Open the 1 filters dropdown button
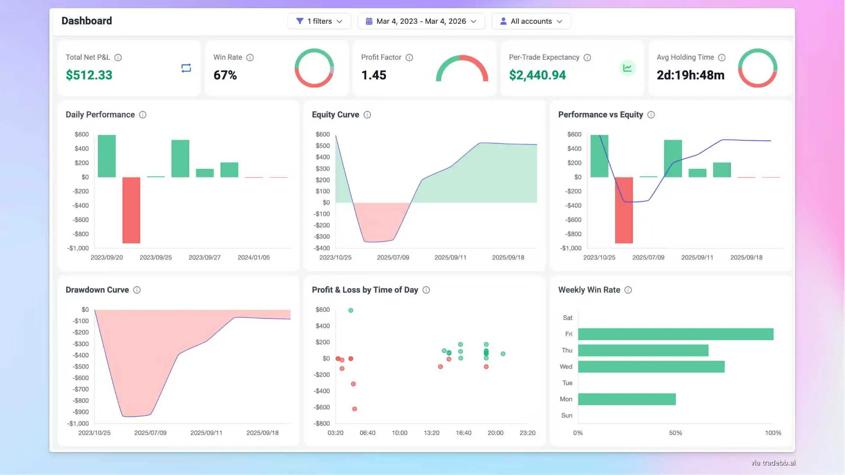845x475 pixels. (x=319, y=21)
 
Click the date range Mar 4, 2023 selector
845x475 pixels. (x=421, y=21)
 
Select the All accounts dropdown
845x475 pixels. (x=531, y=21)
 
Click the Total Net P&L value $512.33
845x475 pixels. (x=89, y=75)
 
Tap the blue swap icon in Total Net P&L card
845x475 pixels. (x=186, y=68)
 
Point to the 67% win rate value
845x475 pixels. (x=225, y=75)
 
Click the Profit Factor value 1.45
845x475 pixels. (x=373, y=75)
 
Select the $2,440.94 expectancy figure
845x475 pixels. (x=537, y=75)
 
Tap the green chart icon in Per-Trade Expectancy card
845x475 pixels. (x=627, y=68)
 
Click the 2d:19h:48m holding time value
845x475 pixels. (x=690, y=75)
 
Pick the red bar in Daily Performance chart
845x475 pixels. (x=131, y=210)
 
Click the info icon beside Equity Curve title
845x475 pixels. (x=367, y=115)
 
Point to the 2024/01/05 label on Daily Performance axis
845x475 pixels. (x=253, y=257)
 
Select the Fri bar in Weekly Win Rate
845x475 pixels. (x=675, y=334)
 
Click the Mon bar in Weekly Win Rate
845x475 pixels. (x=627, y=399)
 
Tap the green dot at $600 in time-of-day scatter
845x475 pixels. (x=350, y=310)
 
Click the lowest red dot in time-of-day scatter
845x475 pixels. (x=354, y=409)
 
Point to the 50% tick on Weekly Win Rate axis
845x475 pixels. (x=675, y=433)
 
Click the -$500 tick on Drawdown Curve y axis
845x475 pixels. (x=80, y=366)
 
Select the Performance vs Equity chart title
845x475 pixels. (x=600, y=115)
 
